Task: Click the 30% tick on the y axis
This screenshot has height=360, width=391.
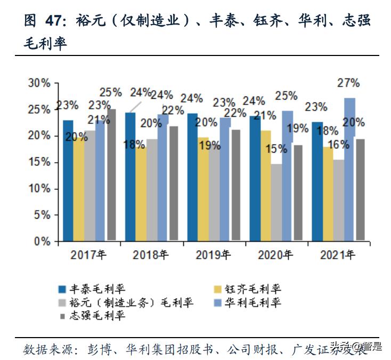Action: tap(38, 83)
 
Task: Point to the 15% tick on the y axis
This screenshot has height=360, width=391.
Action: tap(38, 162)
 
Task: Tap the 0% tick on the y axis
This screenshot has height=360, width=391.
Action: tap(42, 241)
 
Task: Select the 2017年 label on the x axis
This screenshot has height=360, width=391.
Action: tap(88, 255)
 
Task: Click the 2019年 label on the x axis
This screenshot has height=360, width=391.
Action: tap(214, 255)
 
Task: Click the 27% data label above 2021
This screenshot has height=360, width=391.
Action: tap(348, 83)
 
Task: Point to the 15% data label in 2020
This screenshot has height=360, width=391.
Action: tap(276, 149)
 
